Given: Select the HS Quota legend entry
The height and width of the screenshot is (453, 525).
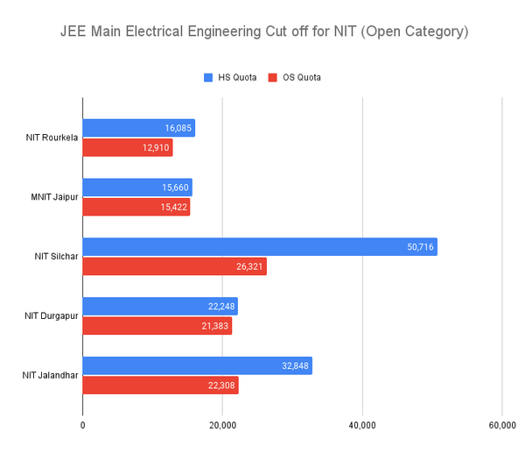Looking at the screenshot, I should [230, 77].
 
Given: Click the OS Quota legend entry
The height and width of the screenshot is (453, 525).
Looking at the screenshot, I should [295, 77].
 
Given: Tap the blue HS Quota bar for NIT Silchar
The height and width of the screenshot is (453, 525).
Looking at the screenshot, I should [260, 247].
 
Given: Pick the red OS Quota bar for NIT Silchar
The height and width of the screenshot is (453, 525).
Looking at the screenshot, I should [174, 266].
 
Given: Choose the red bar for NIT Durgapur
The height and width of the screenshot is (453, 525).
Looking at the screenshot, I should [157, 326].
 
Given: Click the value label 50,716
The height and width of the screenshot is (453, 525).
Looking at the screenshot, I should [417, 247].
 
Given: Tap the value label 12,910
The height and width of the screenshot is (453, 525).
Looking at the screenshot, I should [153, 147].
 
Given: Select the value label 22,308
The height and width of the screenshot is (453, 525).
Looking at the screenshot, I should [219, 386].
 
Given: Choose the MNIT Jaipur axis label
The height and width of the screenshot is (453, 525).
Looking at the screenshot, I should [54, 197].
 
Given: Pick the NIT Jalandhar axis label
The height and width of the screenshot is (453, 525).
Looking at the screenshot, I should [51, 376].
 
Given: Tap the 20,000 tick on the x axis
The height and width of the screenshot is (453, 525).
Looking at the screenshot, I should [222, 425].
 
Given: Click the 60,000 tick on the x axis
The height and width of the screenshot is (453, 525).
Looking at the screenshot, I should [501, 425].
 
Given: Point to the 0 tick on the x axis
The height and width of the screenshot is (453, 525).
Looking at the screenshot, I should [82, 425].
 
